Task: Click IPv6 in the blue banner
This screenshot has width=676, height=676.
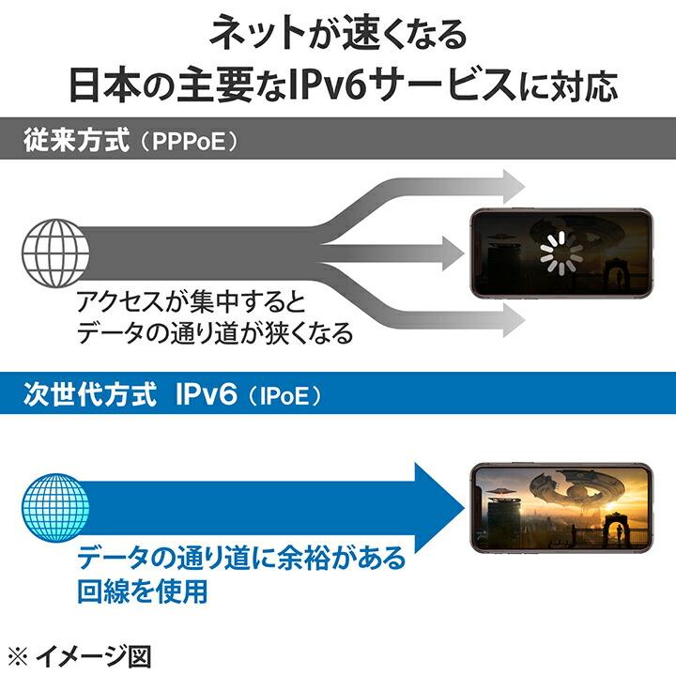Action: (x=207, y=393)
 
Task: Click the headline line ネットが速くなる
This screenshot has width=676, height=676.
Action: (x=338, y=36)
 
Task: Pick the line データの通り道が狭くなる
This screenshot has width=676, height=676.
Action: (x=215, y=332)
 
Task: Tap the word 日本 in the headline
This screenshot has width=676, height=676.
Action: (x=103, y=86)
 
